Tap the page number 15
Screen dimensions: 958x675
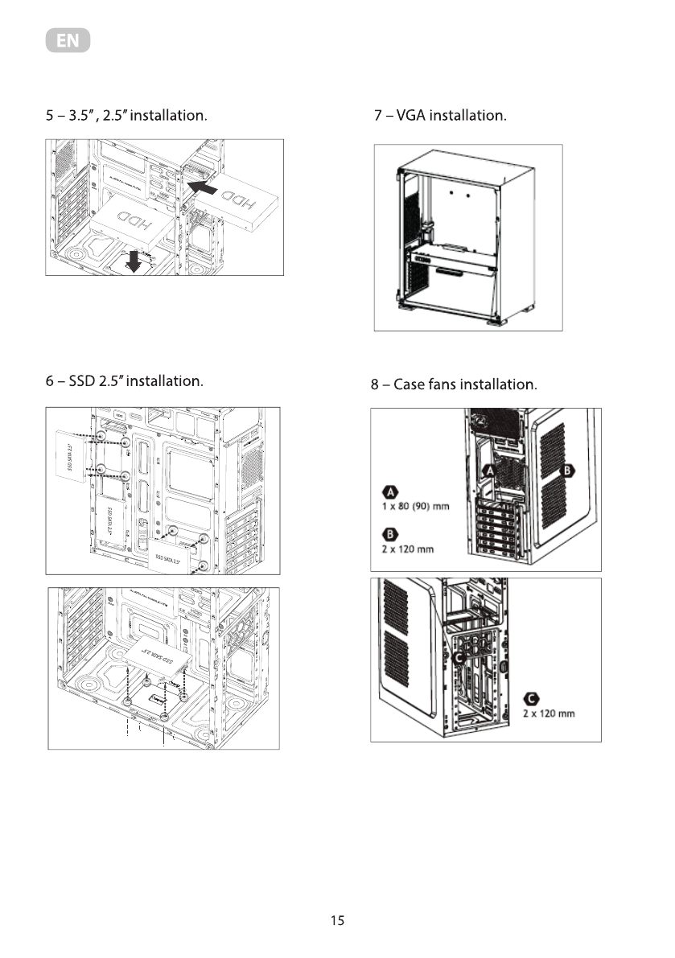(337, 921)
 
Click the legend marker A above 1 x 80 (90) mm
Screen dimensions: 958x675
(389, 491)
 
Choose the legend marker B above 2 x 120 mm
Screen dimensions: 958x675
(389, 533)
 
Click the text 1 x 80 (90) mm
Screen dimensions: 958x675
(415, 506)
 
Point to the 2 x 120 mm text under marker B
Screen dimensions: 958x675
(408, 549)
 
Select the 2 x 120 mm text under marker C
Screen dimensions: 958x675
(549, 714)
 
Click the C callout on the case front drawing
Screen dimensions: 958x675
(458, 658)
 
